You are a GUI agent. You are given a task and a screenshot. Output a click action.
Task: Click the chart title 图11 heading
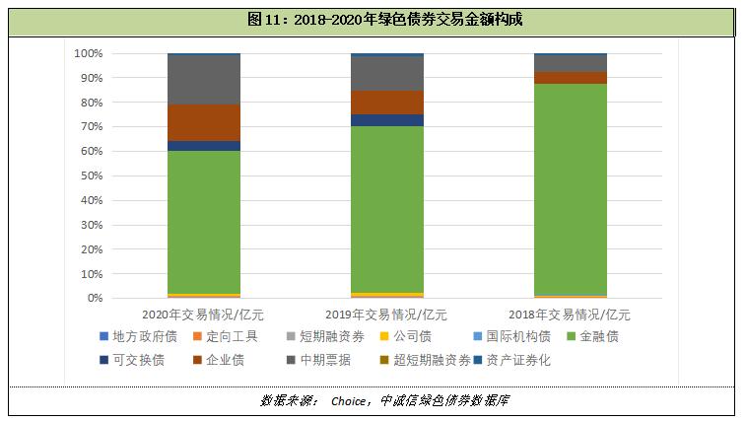372,20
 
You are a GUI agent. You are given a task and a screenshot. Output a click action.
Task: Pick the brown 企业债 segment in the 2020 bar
204,122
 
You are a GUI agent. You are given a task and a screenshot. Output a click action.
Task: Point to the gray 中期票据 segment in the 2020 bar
204,80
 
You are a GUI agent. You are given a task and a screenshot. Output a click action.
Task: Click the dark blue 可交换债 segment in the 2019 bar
387,120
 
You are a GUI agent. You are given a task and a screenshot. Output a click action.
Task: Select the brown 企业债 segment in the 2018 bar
571,78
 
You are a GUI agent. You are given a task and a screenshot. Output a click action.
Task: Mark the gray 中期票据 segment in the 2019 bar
387,74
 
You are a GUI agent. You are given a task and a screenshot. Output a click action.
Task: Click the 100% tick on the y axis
88,53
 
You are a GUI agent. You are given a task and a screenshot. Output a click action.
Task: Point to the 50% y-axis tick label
91,175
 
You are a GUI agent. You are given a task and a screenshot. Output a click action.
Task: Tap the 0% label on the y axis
94,298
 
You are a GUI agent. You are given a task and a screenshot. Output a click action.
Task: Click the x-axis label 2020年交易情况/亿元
204,315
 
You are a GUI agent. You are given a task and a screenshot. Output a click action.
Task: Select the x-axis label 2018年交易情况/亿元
571,315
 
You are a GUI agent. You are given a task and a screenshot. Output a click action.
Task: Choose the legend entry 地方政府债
138,337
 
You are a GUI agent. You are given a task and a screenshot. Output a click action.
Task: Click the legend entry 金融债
599,337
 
